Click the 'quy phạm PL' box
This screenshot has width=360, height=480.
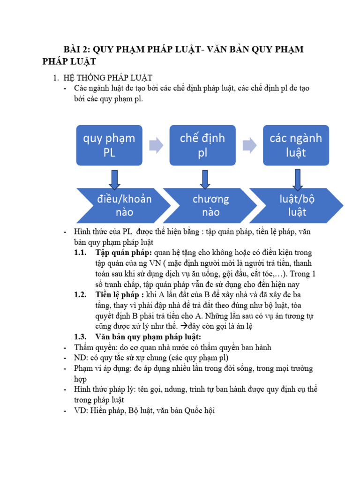tap(109, 145)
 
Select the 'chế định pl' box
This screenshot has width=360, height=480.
tap(202, 145)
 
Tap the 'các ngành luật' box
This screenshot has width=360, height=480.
tap(295, 145)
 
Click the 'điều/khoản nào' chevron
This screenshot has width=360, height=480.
tap(117, 205)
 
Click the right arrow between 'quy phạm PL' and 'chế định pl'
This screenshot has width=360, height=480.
tap(156, 145)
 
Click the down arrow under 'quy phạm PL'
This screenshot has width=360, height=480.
tap(114, 180)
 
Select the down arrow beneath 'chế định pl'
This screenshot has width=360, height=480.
tap(205, 180)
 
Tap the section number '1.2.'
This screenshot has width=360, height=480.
tap(81, 295)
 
